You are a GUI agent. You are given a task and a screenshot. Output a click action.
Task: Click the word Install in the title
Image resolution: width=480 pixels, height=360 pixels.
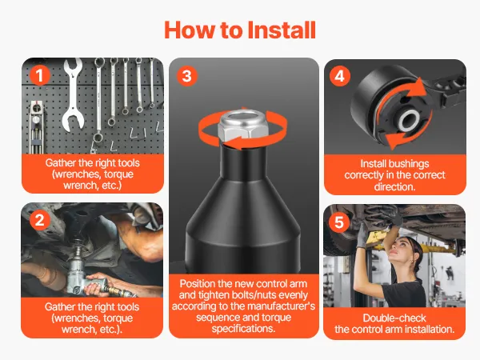[x=282, y=30]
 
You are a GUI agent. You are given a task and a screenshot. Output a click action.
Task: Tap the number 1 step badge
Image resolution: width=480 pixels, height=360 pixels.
[x=40, y=75]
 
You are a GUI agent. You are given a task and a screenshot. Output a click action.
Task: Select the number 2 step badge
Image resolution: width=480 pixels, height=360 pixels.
[x=40, y=221]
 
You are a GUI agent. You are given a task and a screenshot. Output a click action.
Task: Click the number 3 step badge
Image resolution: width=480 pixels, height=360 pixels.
[x=187, y=76]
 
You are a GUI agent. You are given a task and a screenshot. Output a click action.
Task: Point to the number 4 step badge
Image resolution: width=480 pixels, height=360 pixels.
[x=339, y=76]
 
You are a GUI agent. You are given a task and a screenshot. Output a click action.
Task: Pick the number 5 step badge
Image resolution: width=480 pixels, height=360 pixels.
[x=339, y=222]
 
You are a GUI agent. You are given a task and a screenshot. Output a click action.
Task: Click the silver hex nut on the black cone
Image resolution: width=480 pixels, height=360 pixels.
[x=243, y=126]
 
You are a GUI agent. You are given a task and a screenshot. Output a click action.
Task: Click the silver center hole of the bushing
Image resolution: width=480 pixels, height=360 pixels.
[x=409, y=121]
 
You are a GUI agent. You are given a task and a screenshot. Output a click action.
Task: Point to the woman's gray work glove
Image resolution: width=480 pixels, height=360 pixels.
[x=362, y=235]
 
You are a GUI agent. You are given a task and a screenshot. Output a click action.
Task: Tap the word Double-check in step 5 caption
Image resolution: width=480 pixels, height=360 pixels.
[x=394, y=318]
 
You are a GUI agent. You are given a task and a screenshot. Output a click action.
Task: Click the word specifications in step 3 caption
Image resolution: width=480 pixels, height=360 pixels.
[x=243, y=329]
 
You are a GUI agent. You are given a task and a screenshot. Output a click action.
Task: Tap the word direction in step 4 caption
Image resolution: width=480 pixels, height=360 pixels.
[x=394, y=186]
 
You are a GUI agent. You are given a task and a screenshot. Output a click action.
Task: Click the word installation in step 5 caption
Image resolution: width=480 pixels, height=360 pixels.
[x=429, y=330]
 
